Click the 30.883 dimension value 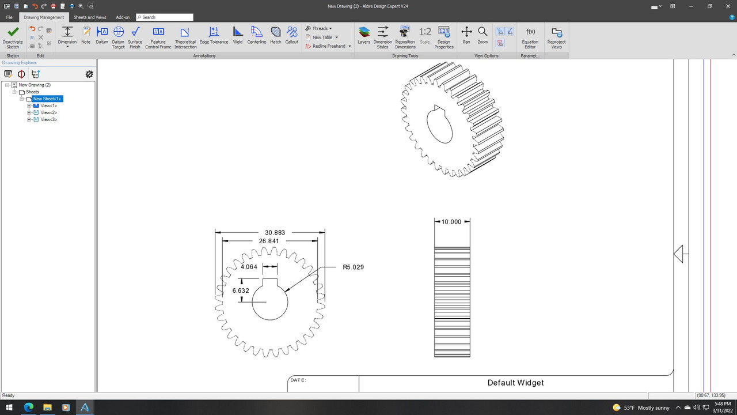pyautogui.click(x=275, y=232)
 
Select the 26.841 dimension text pyautogui.click(x=269, y=241)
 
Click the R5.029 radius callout pyautogui.click(x=353, y=267)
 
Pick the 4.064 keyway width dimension pyautogui.click(x=249, y=267)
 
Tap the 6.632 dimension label pyautogui.click(x=241, y=290)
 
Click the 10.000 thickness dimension pyautogui.click(x=451, y=221)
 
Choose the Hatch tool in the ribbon pyautogui.click(x=276, y=35)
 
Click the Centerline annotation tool pyautogui.click(x=257, y=35)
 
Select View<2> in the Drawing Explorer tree pyautogui.click(x=48, y=112)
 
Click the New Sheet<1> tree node pyautogui.click(x=47, y=99)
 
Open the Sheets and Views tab pyautogui.click(x=90, y=17)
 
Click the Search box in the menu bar pyautogui.click(x=167, y=17)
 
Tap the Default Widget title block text pyautogui.click(x=515, y=383)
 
